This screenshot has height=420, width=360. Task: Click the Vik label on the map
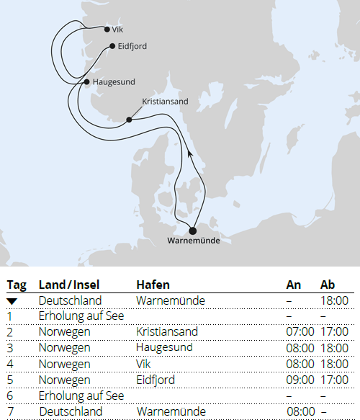click(x=118, y=30)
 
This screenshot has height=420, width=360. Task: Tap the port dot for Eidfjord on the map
click(x=112, y=46)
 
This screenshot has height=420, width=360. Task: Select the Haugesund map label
click(x=114, y=82)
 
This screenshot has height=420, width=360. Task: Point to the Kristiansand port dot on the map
click(x=130, y=120)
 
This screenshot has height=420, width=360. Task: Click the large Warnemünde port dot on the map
click(x=192, y=231)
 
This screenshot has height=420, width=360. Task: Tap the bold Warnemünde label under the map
click(x=193, y=241)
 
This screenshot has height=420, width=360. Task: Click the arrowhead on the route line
click(x=189, y=153)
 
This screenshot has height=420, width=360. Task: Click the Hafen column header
click(x=153, y=285)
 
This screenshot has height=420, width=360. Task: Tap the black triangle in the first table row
click(x=12, y=301)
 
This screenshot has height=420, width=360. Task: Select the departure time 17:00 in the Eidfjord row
click(x=334, y=380)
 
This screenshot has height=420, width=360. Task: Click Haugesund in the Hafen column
click(x=163, y=348)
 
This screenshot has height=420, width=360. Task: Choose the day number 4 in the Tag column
click(x=10, y=364)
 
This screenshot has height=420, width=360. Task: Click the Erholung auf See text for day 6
click(x=81, y=396)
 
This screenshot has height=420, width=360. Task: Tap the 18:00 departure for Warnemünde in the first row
click(x=334, y=300)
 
